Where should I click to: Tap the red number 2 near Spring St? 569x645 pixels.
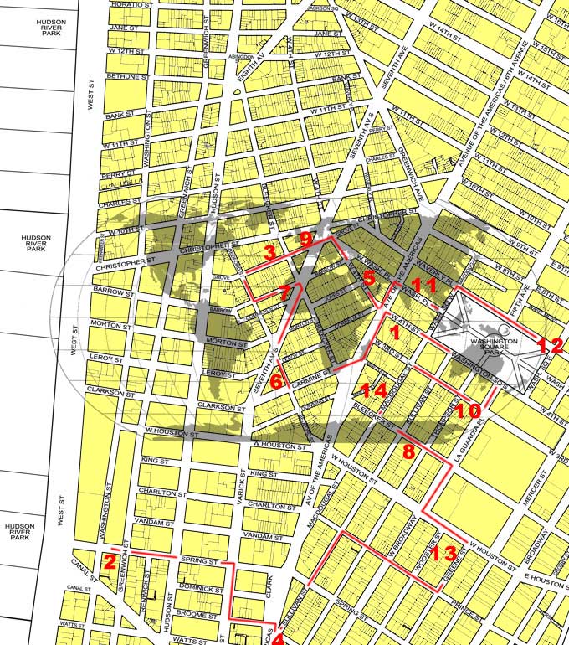pyautogui.click(x=109, y=562)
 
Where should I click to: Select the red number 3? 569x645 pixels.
pyautogui.click(x=269, y=253)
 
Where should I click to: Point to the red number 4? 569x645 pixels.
pyautogui.click(x=278, y=638)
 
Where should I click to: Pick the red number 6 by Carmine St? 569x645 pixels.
pyautogui.click(x=277, y=381)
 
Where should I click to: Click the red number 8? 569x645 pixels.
pyautogui.click(x=408, y=451)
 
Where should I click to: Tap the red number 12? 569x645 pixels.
pyautogui.click(x=548, y=344)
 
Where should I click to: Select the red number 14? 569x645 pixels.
pyautogui.click(x=375, y=390)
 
